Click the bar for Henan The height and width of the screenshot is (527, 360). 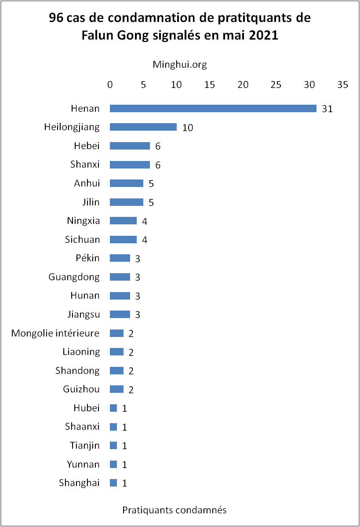point(213,109)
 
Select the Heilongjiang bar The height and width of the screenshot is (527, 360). point(143,127)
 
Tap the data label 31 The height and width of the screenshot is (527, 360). point(327,109)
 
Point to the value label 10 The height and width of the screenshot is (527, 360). point(188,128)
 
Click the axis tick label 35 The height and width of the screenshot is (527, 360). point(342,85)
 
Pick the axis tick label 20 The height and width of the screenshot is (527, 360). point(243,85)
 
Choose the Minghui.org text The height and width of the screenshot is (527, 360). point(179,65)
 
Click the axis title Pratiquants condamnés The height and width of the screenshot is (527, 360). point(174,510)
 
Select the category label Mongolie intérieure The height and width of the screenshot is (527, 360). point(55,333)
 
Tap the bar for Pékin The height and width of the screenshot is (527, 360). point(120,258)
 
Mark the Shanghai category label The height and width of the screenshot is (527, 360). point(79,483)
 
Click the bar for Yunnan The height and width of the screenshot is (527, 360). point(113,464)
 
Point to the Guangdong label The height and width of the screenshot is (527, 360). point(74,277)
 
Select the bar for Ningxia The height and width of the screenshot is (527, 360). point(123,221)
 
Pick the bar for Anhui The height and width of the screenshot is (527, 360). point(127,183)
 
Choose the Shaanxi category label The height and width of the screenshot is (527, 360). point(82,426)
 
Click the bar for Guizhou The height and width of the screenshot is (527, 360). point(116,389)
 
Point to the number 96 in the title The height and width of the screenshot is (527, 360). point(57,18)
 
